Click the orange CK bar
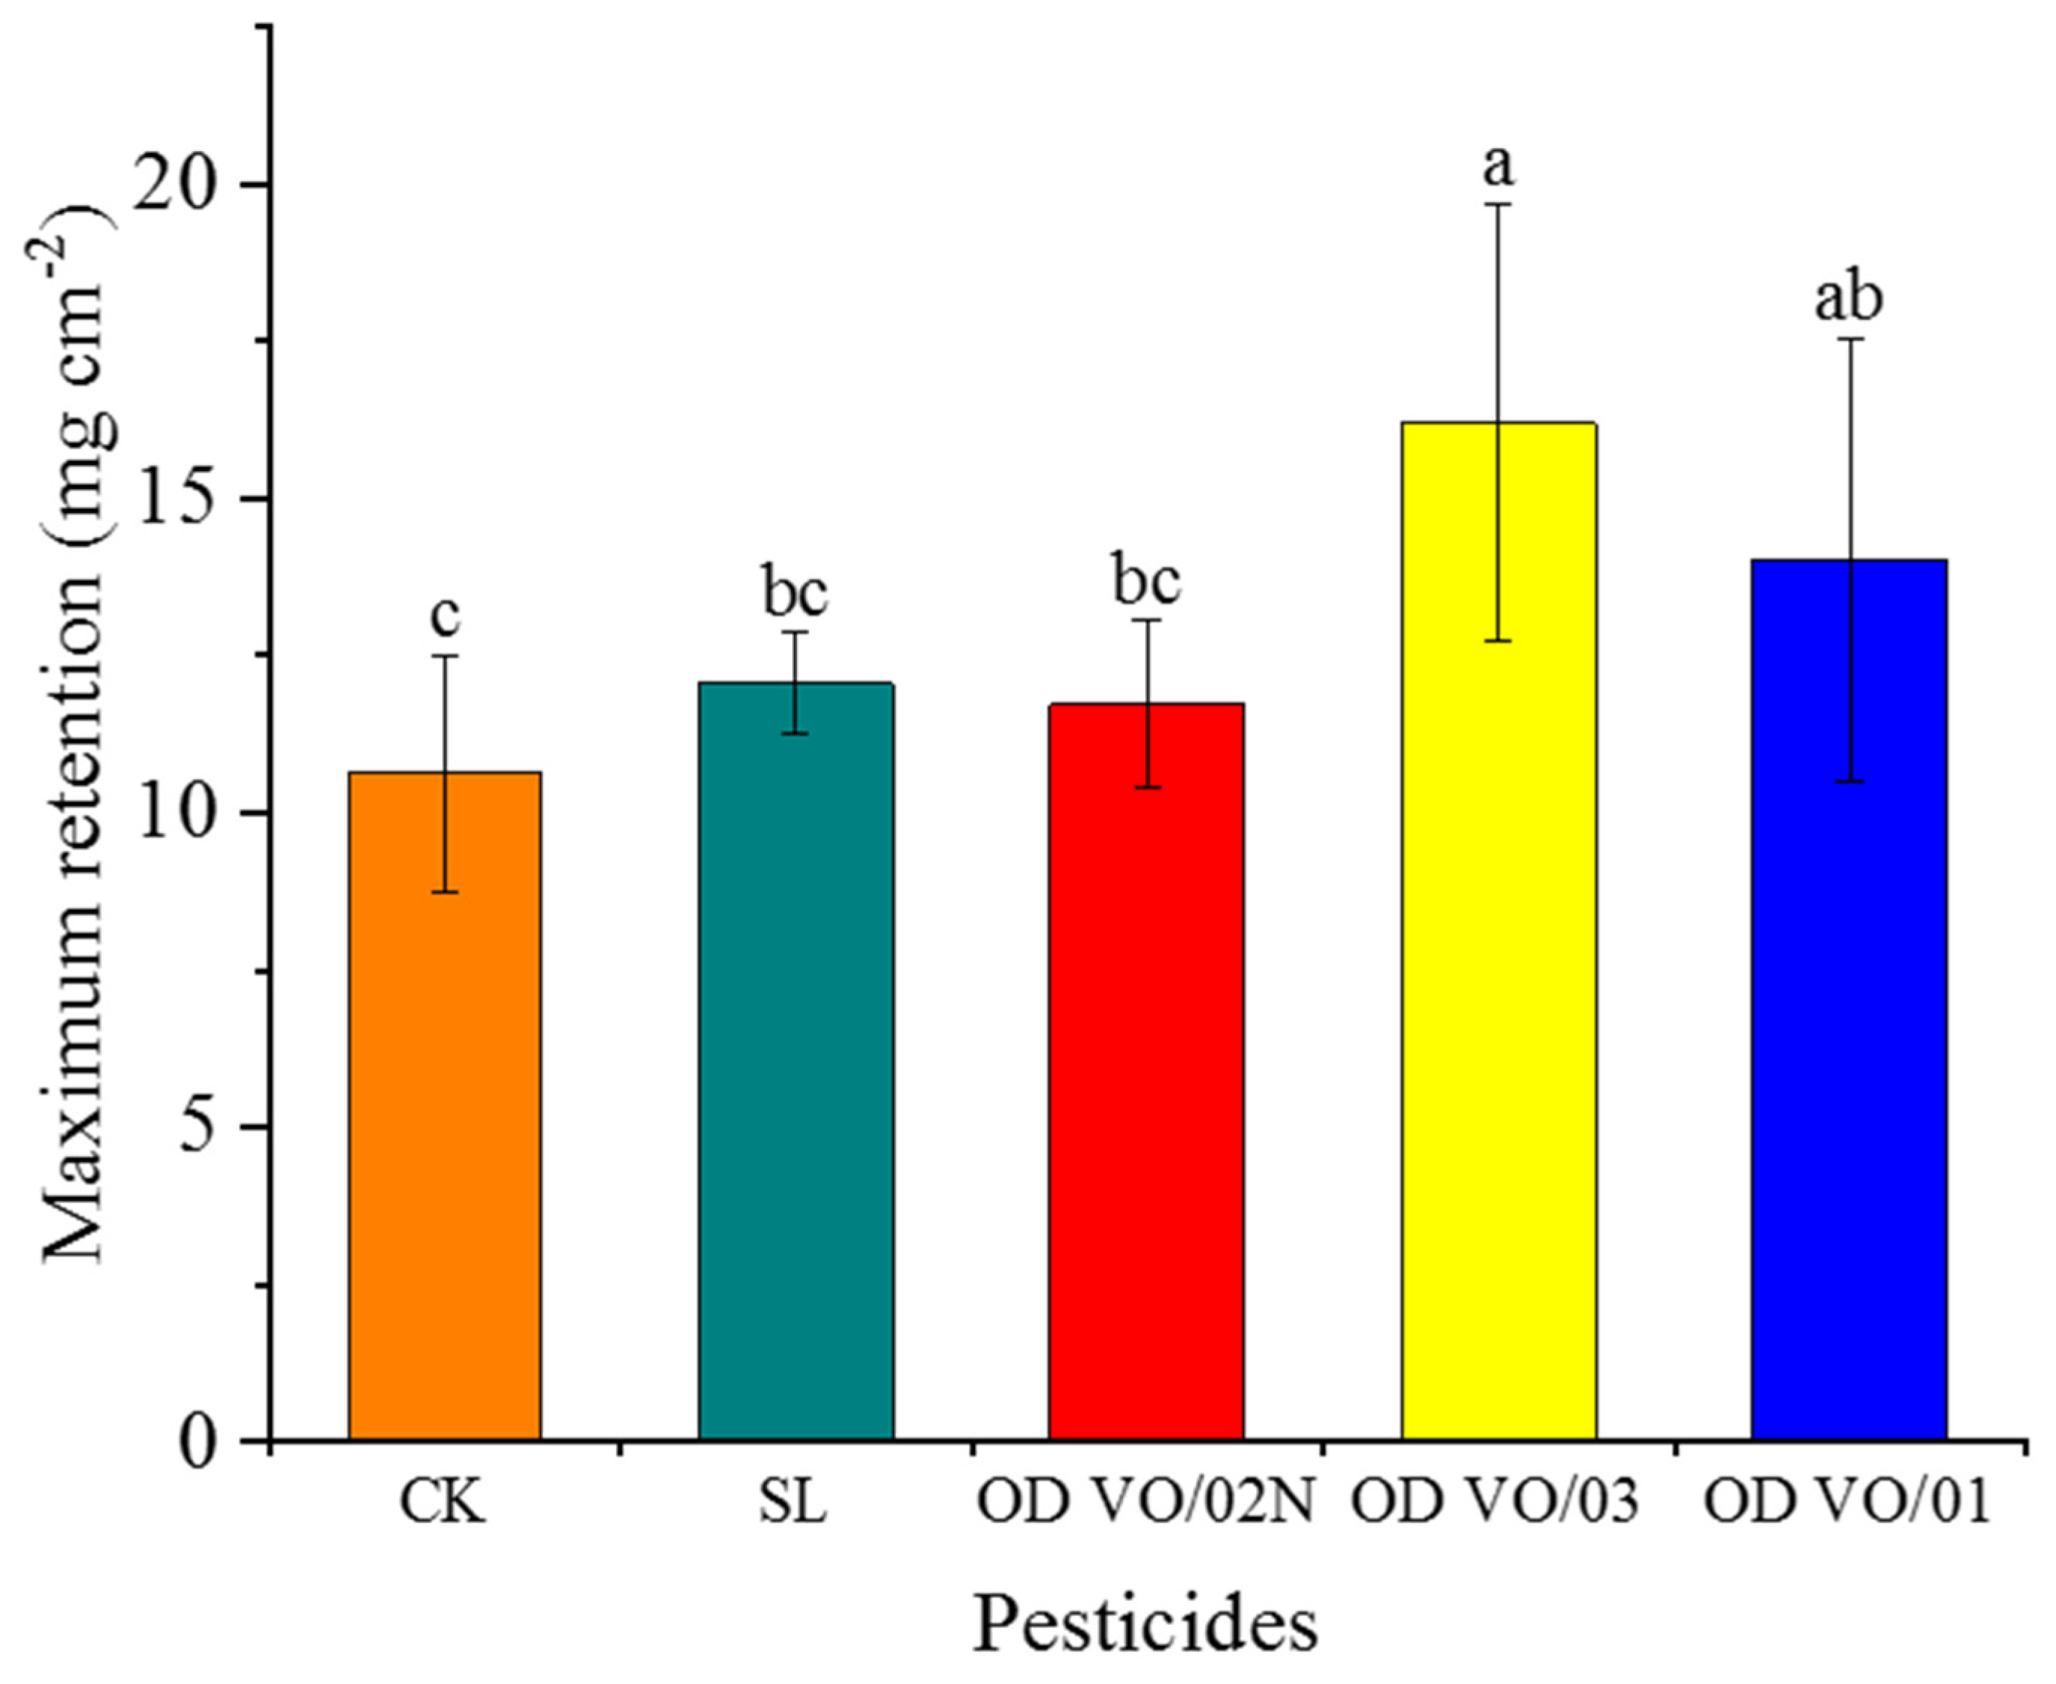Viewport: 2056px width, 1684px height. click(x=445, y=1106)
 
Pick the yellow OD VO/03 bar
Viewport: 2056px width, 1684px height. click(x=1498, y=931)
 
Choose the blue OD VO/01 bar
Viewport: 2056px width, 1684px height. click(x=1850, y=999)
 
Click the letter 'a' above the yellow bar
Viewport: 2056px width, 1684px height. click(x=1498, y=167)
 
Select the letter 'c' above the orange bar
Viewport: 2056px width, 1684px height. click(x=445, y=617)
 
